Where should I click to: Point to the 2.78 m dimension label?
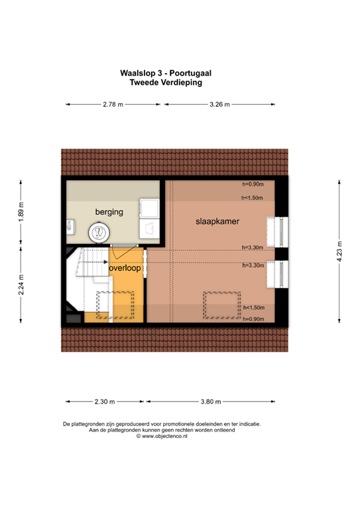tap(113, 104)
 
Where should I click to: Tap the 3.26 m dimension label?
tap(220, 104)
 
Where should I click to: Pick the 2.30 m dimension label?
tap(105, 402)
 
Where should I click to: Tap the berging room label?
tap(109, 212)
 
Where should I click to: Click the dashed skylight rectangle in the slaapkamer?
tap(221, 304)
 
